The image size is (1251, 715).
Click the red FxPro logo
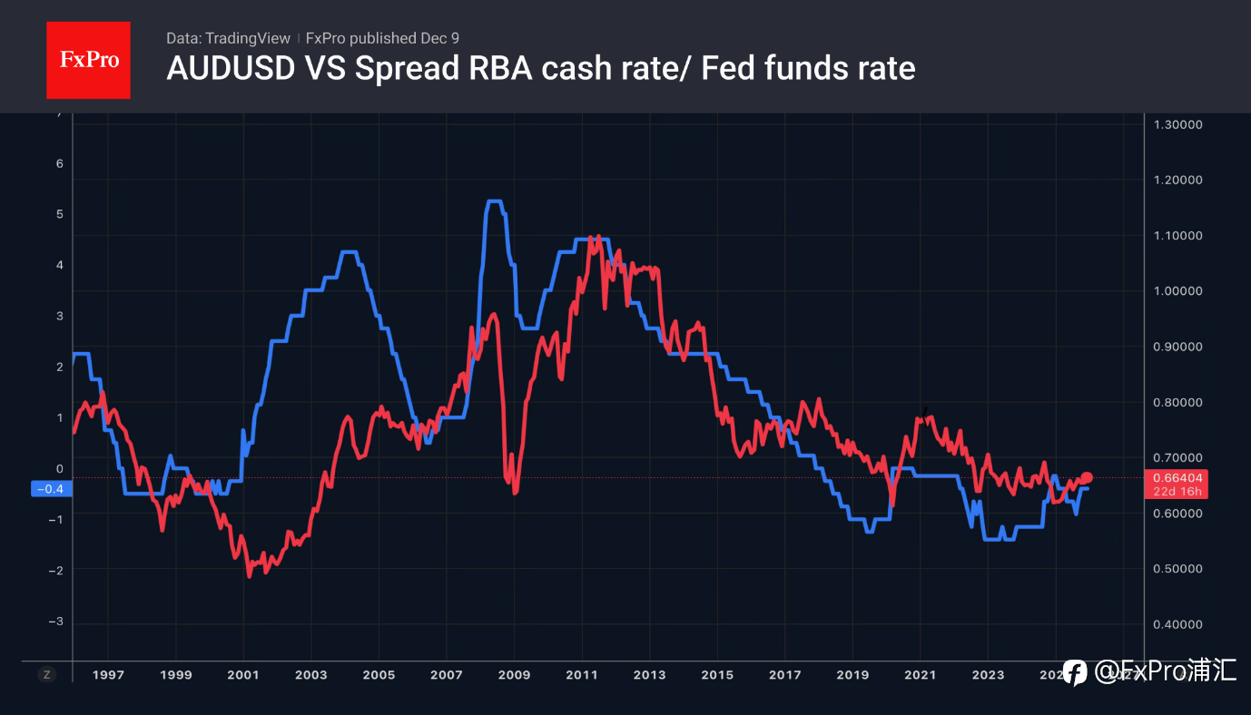88,60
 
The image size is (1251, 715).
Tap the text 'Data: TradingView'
228,38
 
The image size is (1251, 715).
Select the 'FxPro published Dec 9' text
382,38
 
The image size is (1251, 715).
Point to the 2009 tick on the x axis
514,675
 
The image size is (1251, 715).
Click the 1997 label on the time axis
108,675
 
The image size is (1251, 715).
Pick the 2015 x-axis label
717,675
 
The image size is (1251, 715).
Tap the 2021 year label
920,675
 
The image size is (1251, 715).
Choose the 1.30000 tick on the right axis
1177,124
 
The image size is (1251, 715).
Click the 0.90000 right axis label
1177,347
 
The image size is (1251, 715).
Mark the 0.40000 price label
1177,624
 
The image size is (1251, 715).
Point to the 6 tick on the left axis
60,163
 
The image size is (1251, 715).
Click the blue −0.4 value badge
51,489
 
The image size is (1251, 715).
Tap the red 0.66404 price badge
1177,478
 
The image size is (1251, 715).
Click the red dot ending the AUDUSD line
1087,478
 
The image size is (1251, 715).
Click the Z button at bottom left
47,674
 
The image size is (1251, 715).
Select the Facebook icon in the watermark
1075,672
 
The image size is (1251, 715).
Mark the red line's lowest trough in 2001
250,575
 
